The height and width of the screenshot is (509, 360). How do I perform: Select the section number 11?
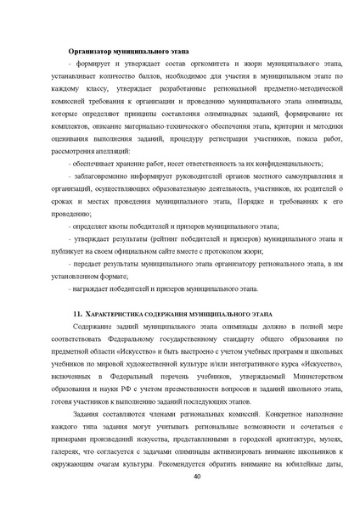(78, 315)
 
